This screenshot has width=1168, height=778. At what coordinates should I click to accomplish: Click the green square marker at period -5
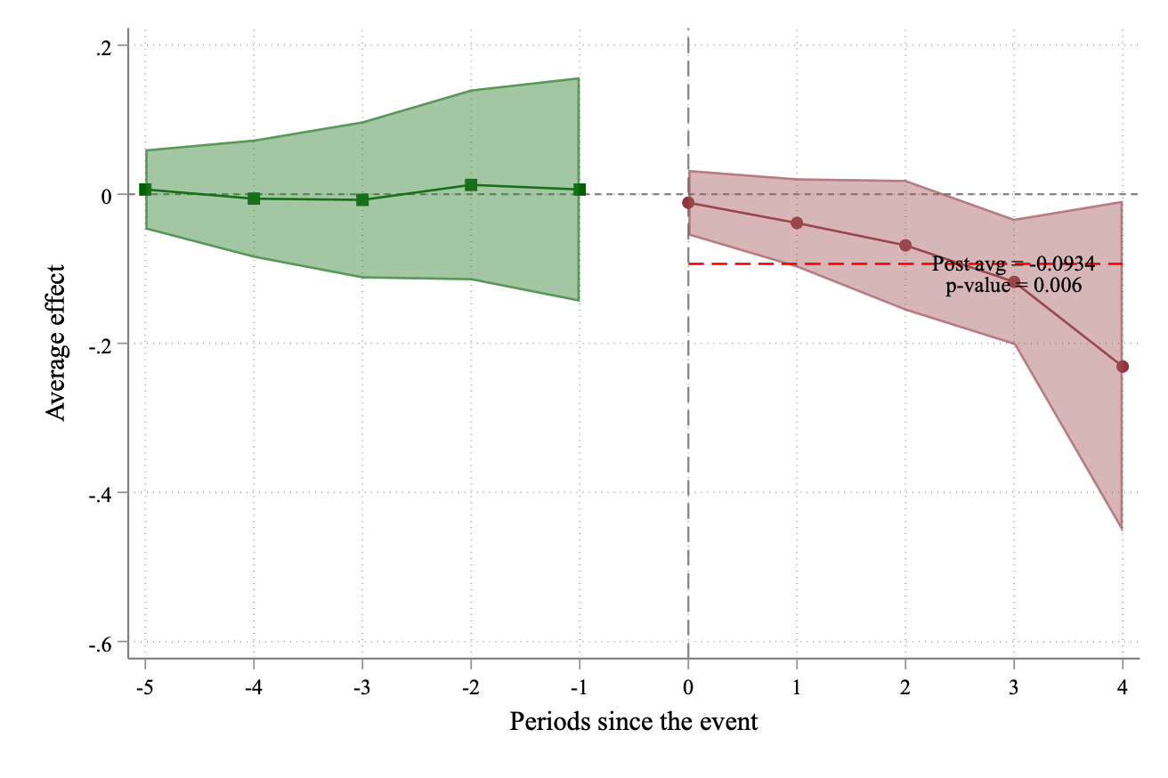click(145, 190)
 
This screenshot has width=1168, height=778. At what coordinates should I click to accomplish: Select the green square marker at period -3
click(362, 199)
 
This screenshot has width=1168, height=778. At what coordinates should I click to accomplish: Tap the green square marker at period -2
click(471, 185)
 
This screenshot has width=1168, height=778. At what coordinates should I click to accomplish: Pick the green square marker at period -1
click(580, 190)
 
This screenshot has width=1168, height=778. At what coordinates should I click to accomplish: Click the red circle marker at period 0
click(688, 203)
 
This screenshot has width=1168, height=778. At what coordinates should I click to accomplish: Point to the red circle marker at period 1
click(797, 223)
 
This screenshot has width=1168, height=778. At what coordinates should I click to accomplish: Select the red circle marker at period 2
click(905, 246)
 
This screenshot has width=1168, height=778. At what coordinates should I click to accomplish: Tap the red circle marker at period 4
click(1123, 367)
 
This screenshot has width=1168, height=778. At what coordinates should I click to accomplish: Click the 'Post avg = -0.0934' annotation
click(1013, 264)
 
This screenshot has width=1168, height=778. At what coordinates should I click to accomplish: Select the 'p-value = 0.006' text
click(1013, 287)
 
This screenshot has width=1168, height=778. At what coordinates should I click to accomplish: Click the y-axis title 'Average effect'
click(57, 343)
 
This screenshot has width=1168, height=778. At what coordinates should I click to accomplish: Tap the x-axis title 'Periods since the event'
click(633, 721)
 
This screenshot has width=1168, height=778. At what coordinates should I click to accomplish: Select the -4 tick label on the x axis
click(254, 687)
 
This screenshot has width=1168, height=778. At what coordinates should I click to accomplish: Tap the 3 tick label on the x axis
click(1014, 687)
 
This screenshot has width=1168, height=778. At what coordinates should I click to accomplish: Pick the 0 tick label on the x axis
click(688, 687)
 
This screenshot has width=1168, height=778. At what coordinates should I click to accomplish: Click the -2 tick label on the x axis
click(471, 687)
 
